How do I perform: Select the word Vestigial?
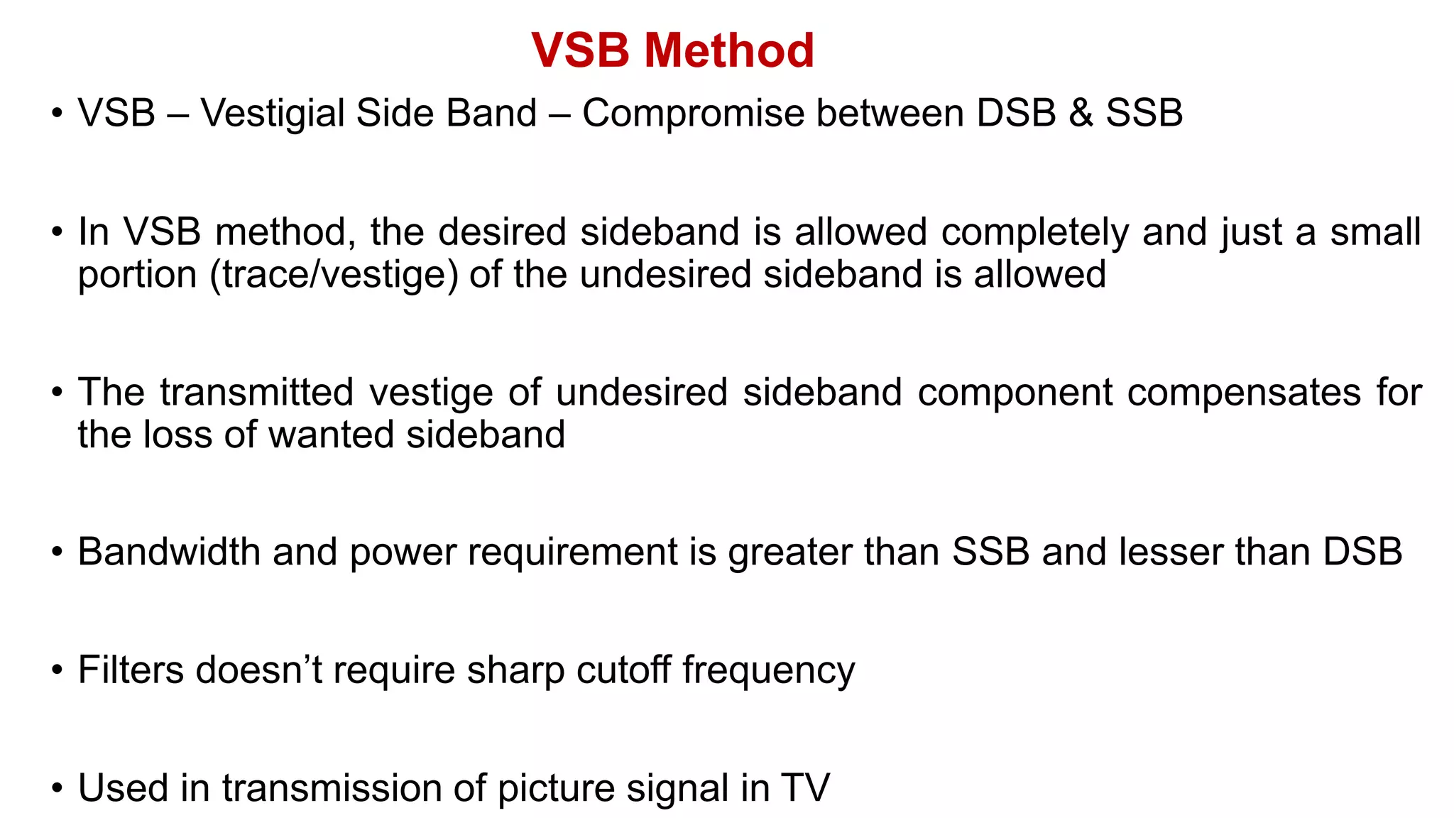pyautogui.click(x=272, y=114)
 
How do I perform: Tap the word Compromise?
pyautogui.click(x=693, y=114)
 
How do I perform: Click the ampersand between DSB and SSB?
pyautogui.click(x=1081, y=114)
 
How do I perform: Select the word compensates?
pyautogui.click(x=1243, y=393)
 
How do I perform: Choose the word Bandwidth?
pyautogui.click(x=169, y=552)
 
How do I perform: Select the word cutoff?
pyautogui.click(x=623, y=670)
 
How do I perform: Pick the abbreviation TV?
pyautogui.click(x=805, y=788)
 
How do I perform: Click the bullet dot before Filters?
pyautogui.click(x=58, y=671)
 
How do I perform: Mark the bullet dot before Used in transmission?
pyautogui.click(x=58, y=789)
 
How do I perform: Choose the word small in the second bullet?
pyautogui.click(x=1375, y=233)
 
